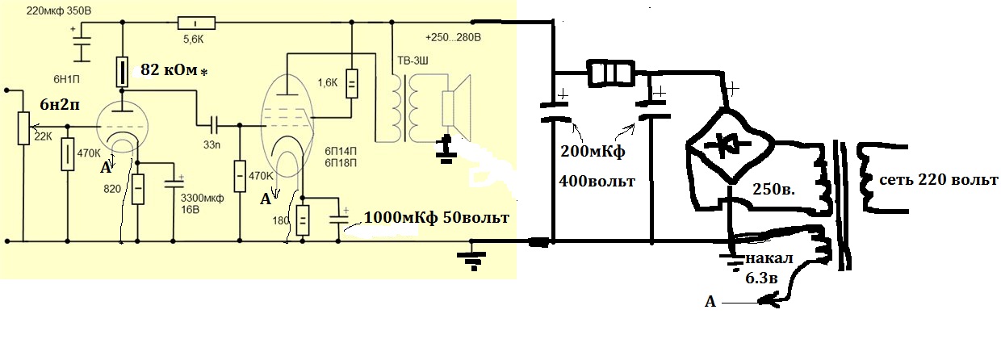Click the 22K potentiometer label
pyautogui.click(x=44, y=136)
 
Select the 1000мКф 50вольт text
pyautogui.click(x=437, y=218)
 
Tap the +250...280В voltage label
pyautogui.click(x=453, y=37)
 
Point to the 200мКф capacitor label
pyautogui.click(x=592, y=153)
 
